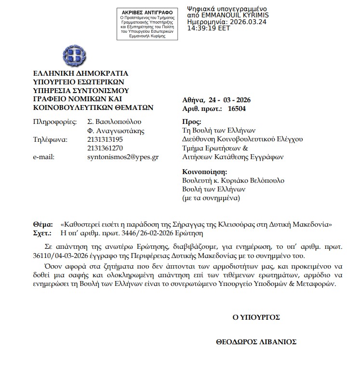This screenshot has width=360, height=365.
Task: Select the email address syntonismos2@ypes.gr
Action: click(x=123, y=157)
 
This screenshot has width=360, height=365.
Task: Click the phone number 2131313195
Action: click(x=105, y=139)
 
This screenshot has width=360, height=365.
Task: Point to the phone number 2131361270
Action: click(x=105, y=148)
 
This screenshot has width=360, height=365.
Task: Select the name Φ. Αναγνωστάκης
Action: click(x=116, y=130)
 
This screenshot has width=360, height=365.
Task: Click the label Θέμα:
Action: click(x=42, y=225)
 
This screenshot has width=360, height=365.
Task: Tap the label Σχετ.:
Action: click(x=42, y=233)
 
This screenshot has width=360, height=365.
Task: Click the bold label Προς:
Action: click(x=192, y=122)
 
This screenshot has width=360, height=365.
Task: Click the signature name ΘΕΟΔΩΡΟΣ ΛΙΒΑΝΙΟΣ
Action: click(x=256, y=342)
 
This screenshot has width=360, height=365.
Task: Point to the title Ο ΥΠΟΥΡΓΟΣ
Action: click(x=256, y=317)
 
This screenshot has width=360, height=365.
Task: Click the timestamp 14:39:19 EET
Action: click(x=209, y=28)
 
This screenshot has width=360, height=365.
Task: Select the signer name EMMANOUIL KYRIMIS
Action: click(x=242, y=15)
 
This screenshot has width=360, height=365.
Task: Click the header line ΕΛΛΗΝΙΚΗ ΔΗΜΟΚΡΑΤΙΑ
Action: click(x=80, y=74)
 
